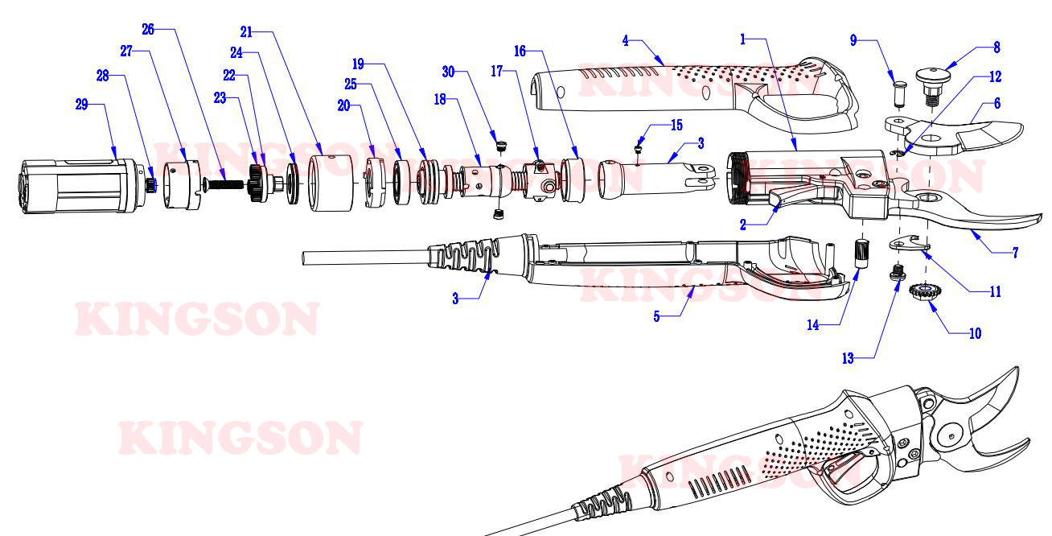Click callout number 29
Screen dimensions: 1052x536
click(82, 104)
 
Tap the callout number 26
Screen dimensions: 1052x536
click(148, 30)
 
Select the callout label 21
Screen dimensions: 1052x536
click(247, 32)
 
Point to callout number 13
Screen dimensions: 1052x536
click(848, 358)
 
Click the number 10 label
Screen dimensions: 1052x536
click(976, 333)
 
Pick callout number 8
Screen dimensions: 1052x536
click(997, 47)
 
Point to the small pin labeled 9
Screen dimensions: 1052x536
click(899, 94)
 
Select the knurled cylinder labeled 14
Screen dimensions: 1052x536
click(862, 254)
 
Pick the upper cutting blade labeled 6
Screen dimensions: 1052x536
click(953, 135)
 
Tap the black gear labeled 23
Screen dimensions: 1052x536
click(257, 183)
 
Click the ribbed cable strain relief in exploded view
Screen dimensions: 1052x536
click(464, 254)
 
